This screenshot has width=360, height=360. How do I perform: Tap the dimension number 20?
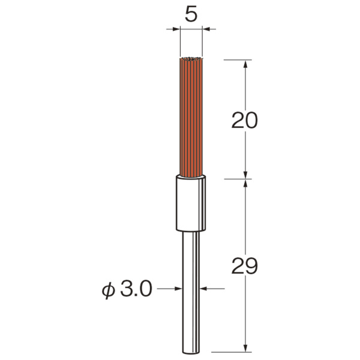[x=245, y=121]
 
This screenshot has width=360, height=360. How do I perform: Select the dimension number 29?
[x=245, y=266]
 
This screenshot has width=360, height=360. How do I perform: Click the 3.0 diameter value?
[x=136, y=289]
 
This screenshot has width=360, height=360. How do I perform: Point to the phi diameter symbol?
[x=108, y=290]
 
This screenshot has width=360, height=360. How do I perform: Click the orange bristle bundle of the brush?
[x=191, y=118]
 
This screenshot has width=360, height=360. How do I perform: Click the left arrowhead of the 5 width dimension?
[x=176, y=29]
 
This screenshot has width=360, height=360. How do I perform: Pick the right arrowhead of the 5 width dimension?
[x=206, y=29]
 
